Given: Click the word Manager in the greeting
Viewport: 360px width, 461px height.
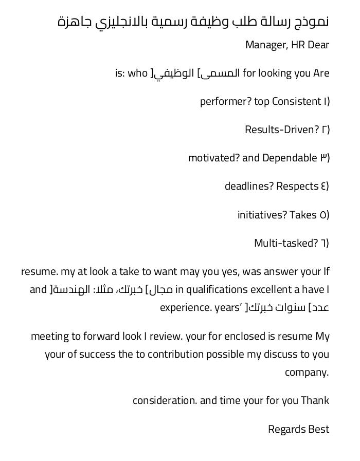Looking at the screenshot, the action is [266, 45].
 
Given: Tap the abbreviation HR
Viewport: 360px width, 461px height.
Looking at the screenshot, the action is [298, 45].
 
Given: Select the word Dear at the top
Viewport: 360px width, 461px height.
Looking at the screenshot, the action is [318, 45].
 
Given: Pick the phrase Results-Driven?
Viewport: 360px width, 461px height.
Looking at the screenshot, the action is [282, 130].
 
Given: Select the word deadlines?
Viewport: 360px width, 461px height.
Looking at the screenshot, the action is [249, 186].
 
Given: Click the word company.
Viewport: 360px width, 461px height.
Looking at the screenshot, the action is [307, 372].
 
